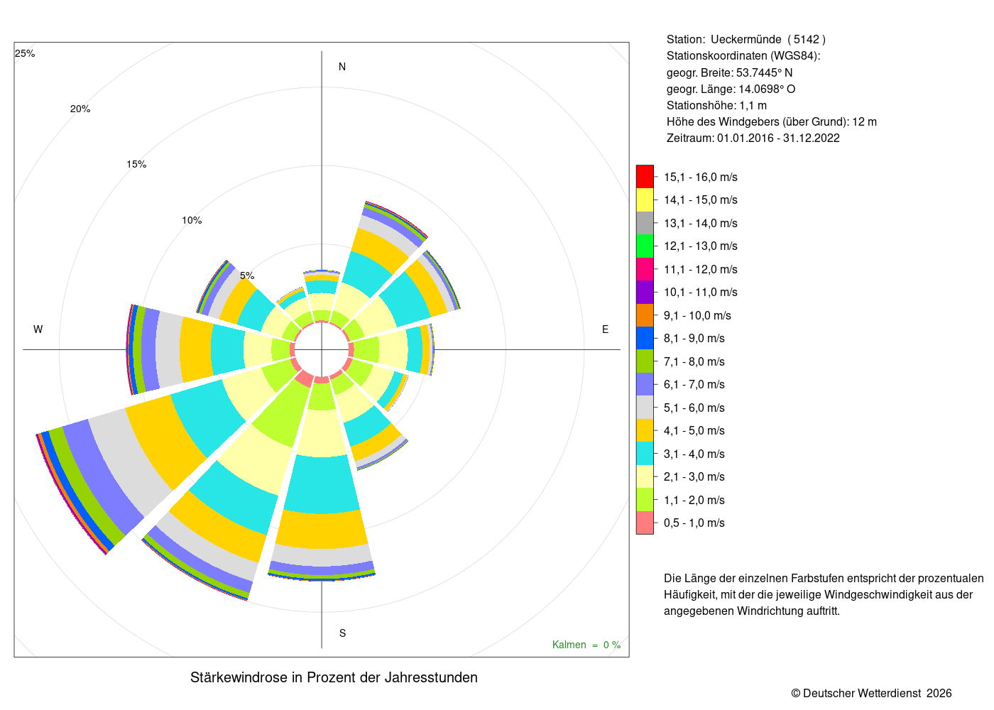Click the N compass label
342,67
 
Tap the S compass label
342,633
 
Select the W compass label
38,329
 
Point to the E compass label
605,329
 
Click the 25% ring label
25,53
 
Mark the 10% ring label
192,220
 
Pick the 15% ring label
136,164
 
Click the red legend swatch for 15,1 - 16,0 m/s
645,177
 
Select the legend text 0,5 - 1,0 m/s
694,523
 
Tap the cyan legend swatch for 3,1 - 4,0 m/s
645,454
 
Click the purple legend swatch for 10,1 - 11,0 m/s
645,292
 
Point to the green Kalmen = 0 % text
586,645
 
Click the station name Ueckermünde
746,40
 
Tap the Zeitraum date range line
753,138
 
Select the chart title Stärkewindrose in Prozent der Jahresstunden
334,677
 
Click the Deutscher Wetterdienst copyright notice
871,693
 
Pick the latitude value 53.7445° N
764,72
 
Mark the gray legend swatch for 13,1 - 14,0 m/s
645,223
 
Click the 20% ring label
80,109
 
